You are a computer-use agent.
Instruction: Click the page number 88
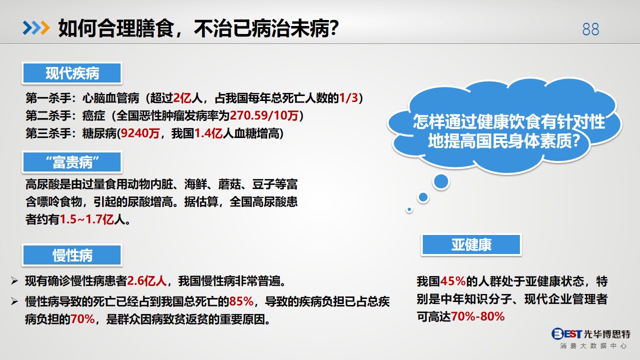590,29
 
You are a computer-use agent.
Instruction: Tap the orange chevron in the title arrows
45,28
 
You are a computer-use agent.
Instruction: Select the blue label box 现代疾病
72,73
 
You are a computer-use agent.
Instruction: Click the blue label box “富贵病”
72,162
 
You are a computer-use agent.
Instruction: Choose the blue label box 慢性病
72,255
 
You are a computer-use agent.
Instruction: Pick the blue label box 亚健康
471,244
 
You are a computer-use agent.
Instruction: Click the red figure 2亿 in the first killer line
182,98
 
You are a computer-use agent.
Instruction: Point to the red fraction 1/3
348,98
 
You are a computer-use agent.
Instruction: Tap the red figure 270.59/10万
264,115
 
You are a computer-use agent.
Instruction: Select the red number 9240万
140,133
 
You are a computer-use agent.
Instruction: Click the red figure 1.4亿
208,133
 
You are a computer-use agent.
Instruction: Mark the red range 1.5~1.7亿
87,219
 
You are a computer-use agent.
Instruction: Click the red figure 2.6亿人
147,281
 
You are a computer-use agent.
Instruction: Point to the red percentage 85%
241,301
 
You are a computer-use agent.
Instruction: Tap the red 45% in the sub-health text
453,281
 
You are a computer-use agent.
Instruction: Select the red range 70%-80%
478,316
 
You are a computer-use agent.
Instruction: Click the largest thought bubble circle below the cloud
441,181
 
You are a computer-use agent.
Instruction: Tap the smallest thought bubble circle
409,209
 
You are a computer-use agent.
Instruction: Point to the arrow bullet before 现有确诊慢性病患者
15,281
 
